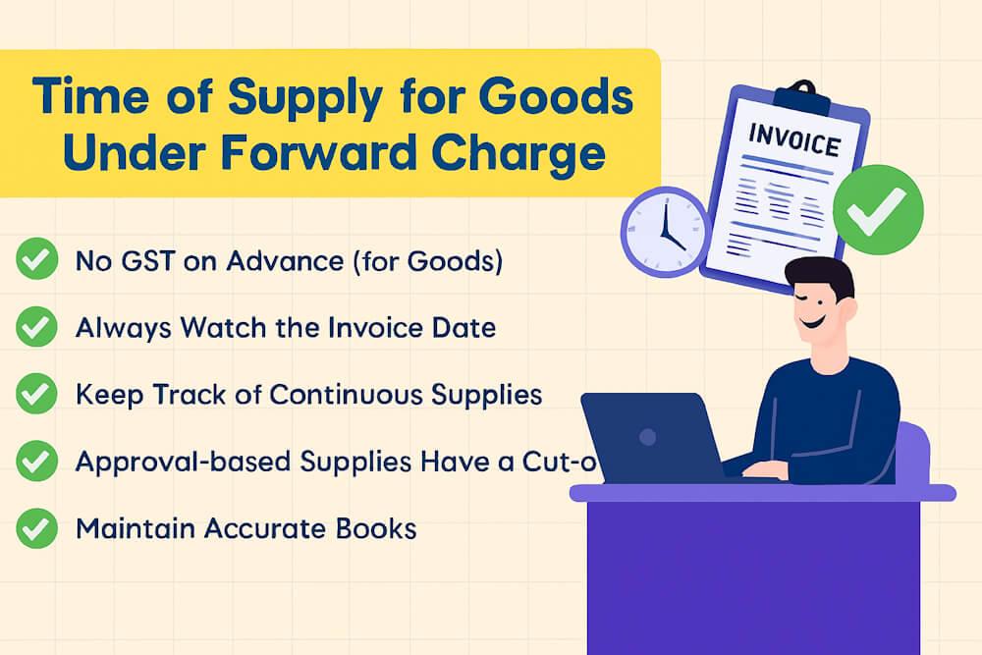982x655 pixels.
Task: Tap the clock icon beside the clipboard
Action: (665, 233)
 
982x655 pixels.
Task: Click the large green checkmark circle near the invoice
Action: (878, 211)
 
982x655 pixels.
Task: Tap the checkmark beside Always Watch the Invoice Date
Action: (36, 326)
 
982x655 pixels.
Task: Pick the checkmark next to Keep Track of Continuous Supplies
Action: (36, 394)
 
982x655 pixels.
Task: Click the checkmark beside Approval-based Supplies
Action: (36, 461)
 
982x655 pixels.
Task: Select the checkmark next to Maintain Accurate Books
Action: (36, 528)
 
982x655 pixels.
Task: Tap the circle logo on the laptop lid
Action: (648, 435)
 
